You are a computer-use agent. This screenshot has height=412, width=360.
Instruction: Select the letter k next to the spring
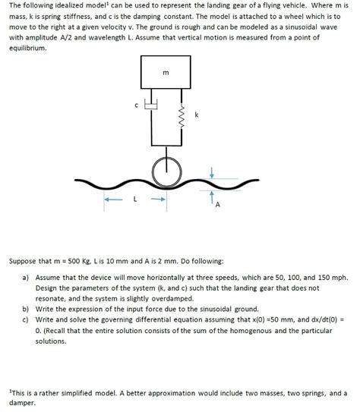coord(196,115)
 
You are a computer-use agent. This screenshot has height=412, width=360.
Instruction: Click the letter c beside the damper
coord(137,106)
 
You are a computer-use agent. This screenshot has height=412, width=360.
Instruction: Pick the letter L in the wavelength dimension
coord(134,200)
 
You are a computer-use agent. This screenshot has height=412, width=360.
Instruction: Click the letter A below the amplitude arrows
coord(218,205)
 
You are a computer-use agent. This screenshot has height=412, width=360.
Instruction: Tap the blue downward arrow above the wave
coord(212,174)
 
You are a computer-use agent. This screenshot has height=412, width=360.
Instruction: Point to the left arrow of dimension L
coord(112,200)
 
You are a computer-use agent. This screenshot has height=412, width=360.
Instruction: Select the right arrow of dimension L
coord(158,200)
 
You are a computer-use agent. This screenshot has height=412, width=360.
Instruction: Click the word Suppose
coord(25,260)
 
